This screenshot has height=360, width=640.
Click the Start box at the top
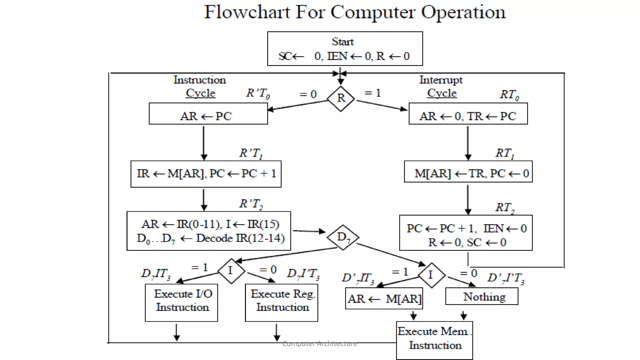point(345,48)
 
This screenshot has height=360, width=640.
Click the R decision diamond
point(341,98)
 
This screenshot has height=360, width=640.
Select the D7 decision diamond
point(343,237)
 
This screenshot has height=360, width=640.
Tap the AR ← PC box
point(208,114)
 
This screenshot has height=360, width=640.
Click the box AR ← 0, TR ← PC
point(468,114)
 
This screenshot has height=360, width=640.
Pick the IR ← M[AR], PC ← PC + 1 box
point(206,174)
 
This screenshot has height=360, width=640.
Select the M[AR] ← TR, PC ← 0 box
point(468,172)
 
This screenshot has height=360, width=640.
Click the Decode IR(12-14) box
point(208,231)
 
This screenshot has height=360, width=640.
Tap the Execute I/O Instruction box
point(181,302)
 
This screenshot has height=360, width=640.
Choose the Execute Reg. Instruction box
point(281,302)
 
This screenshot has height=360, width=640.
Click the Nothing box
point(481,296)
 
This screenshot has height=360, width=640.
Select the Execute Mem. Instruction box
point(434,340)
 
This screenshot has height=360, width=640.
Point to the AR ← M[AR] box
point(384,299)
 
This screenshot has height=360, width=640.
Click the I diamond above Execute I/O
point(231,271)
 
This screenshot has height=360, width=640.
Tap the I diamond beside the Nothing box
point(431,275)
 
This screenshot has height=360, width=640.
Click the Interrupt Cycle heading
point(441,86)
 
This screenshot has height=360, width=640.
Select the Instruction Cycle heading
point(200,86)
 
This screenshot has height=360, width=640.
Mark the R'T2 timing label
point(251,204)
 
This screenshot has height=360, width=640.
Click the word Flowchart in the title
point(247,12)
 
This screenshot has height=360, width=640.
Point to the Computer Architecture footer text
point(319,344)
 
